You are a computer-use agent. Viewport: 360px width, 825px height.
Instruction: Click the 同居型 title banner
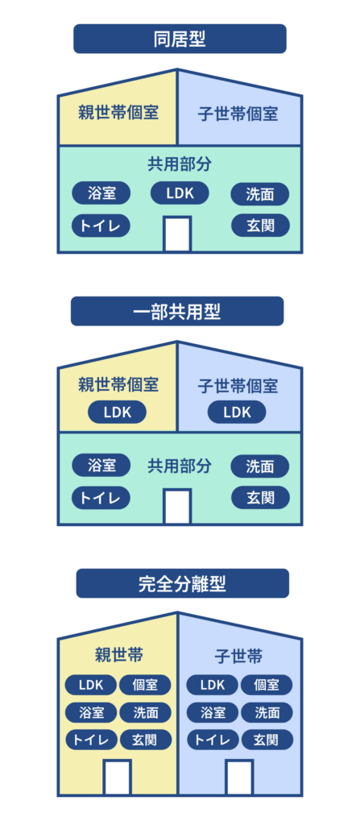click(180, 39)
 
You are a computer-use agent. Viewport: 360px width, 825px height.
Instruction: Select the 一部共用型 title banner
click(177, 311)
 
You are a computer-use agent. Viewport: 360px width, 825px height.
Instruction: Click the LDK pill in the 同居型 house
click(180, 193)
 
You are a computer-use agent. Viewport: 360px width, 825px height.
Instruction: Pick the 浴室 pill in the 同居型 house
click(101, 193)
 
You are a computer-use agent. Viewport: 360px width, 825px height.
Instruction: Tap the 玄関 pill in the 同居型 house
click(259, 225)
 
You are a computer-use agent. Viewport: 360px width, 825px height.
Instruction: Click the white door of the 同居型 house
click(177, 234)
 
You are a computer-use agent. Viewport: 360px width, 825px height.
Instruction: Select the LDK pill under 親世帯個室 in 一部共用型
click(117, 412)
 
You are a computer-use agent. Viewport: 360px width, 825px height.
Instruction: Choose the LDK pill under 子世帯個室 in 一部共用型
click(237, 412)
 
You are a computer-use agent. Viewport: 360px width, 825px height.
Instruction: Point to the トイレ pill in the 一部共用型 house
click(101, 497)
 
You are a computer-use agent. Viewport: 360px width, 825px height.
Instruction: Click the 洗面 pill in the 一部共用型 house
click(259, 466)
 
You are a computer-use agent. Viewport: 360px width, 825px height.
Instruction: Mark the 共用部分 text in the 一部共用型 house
click(180, 466)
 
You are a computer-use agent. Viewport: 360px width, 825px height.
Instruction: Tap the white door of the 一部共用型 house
click(177, 506)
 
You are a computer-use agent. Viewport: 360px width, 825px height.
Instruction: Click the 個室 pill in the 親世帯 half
click(145, 685)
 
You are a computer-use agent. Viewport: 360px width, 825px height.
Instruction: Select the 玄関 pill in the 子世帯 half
click(266, 739)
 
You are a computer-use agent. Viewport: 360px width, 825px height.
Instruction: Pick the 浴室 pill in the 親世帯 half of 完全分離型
click(91, 712)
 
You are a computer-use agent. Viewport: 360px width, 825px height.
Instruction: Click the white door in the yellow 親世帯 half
click(118, 777)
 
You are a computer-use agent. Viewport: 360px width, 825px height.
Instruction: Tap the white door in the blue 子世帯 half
click(239, 777)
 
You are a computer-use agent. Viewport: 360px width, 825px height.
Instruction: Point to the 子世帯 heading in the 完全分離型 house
click(239, 656)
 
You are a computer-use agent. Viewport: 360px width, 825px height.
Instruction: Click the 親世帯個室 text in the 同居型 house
click(118, 112)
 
